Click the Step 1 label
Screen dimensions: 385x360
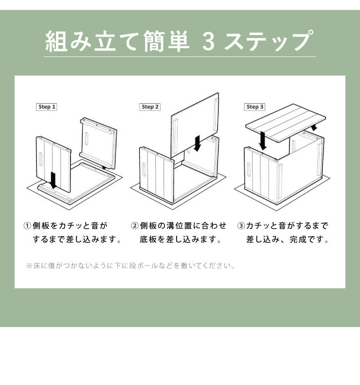coord(47,107)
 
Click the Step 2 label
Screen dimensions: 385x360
coord(150,107)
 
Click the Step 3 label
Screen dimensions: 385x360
coord(255,107)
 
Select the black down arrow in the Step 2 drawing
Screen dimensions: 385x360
coord(197,143)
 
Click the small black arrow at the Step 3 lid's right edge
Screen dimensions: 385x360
coord(315,126)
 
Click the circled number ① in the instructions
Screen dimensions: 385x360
coord(28,226)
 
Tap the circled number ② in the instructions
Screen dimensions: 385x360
coord(135,226)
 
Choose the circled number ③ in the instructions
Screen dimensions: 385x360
coord(241,226)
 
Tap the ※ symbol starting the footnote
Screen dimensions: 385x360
coord(28,266)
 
